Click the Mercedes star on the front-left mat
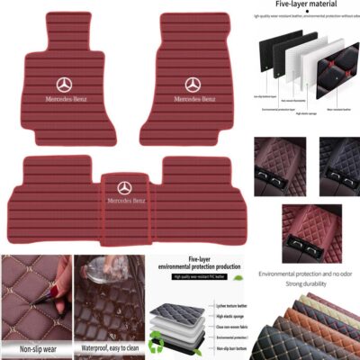[63, 84]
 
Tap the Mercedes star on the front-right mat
[193, 84]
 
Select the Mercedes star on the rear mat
[124, 187]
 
